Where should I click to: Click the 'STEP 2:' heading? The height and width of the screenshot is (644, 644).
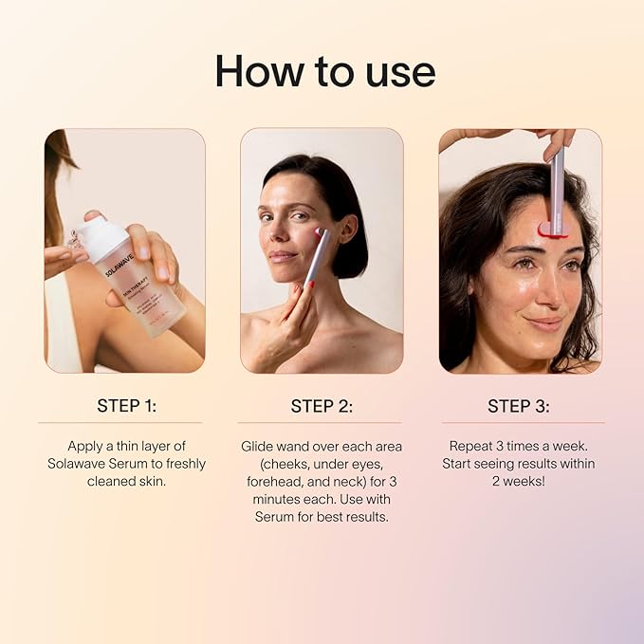pos(322,406)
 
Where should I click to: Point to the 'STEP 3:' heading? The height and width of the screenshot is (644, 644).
pos(518,406)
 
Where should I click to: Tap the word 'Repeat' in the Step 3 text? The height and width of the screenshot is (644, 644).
pos(472,446)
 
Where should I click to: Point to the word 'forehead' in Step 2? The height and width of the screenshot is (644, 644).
pos(272,482)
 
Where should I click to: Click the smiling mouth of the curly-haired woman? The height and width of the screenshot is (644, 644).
pos(544,323)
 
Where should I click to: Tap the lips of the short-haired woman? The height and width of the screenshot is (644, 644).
pos(283,256)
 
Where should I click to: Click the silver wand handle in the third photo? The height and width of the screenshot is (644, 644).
pos(557,180)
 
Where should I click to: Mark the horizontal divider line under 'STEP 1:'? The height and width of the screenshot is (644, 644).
pos(120,423)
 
